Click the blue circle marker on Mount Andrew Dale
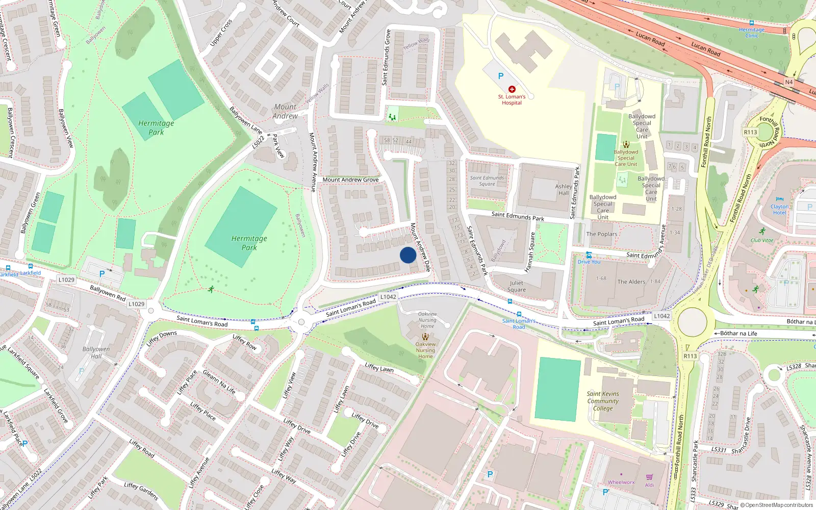[x=408, y=255]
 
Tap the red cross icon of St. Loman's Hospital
[x=512, y=89]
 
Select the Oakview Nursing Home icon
[x=425, y=337]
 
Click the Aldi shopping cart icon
[x=649, y=477]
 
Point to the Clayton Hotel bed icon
[x=779, y=199]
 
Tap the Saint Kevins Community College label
[x=603, y=401]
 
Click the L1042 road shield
[x=388, y=297]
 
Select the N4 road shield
[x=789, y=82]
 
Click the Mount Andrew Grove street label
[x=350, y=180]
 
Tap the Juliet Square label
[x=516, y=286]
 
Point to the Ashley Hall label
[x=564, y=190]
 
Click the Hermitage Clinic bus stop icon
[x=751, y=23]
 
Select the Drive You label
[x=589, y=262]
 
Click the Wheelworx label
[x=621, y=482]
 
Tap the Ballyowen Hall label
[x=96, y=352]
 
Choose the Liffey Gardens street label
[x=141, y=491]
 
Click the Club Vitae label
[x=762, y=240]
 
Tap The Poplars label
[x=602, y=234]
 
